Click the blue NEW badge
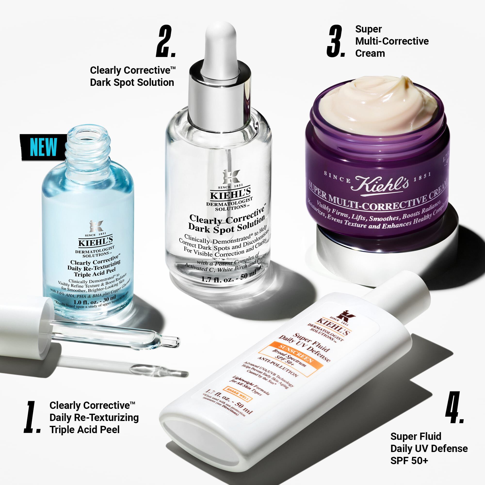pos(43,147)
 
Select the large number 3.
pos(336,41)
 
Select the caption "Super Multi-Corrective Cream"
pos(392,41)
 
